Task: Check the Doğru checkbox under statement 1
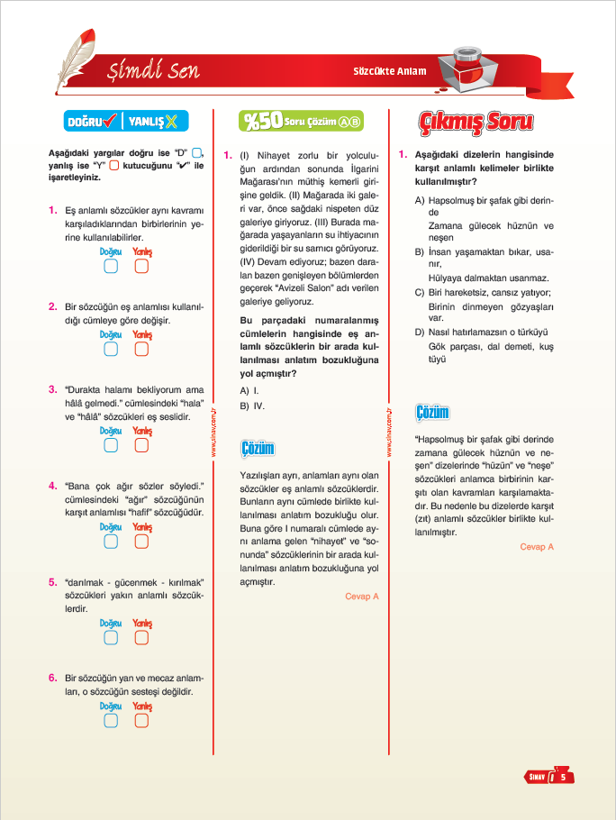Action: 111,266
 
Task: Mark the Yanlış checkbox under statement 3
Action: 141,444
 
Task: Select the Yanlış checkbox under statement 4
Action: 141,541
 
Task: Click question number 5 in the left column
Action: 53,582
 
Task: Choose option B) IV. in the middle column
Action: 253,406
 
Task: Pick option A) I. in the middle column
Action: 250,390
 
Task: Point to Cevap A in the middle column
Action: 362,597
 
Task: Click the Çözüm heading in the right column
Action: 433,413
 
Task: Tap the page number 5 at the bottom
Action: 562,776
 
